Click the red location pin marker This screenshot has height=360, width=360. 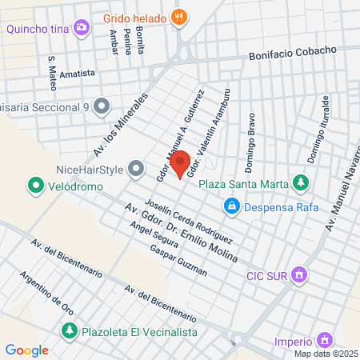(x=180, y=163)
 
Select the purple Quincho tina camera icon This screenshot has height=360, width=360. (x=82, y=30)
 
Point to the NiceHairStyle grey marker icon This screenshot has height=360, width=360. (x=137, y=169)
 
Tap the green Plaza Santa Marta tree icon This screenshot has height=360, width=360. (x=301, y=184)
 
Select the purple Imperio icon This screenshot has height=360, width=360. (x=324, y=339)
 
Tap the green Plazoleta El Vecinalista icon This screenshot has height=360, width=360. (x=70, y=330)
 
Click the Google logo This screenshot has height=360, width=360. (x=26, y=350)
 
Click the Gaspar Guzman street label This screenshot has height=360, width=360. (x=178, y=261)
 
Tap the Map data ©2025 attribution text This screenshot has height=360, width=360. (x=325, y=354)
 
